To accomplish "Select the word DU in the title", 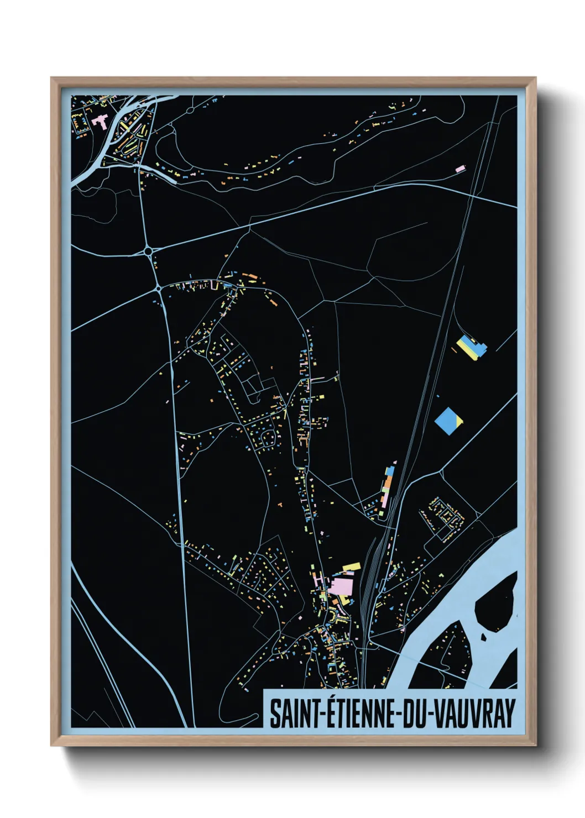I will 412,713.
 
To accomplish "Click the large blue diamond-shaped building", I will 448,421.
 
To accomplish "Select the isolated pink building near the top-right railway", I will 460,169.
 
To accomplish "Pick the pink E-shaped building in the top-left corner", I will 100,121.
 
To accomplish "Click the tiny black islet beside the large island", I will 484,637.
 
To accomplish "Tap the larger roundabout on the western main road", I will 148,251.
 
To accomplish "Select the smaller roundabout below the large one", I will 159,288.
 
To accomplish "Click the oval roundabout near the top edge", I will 190,110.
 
